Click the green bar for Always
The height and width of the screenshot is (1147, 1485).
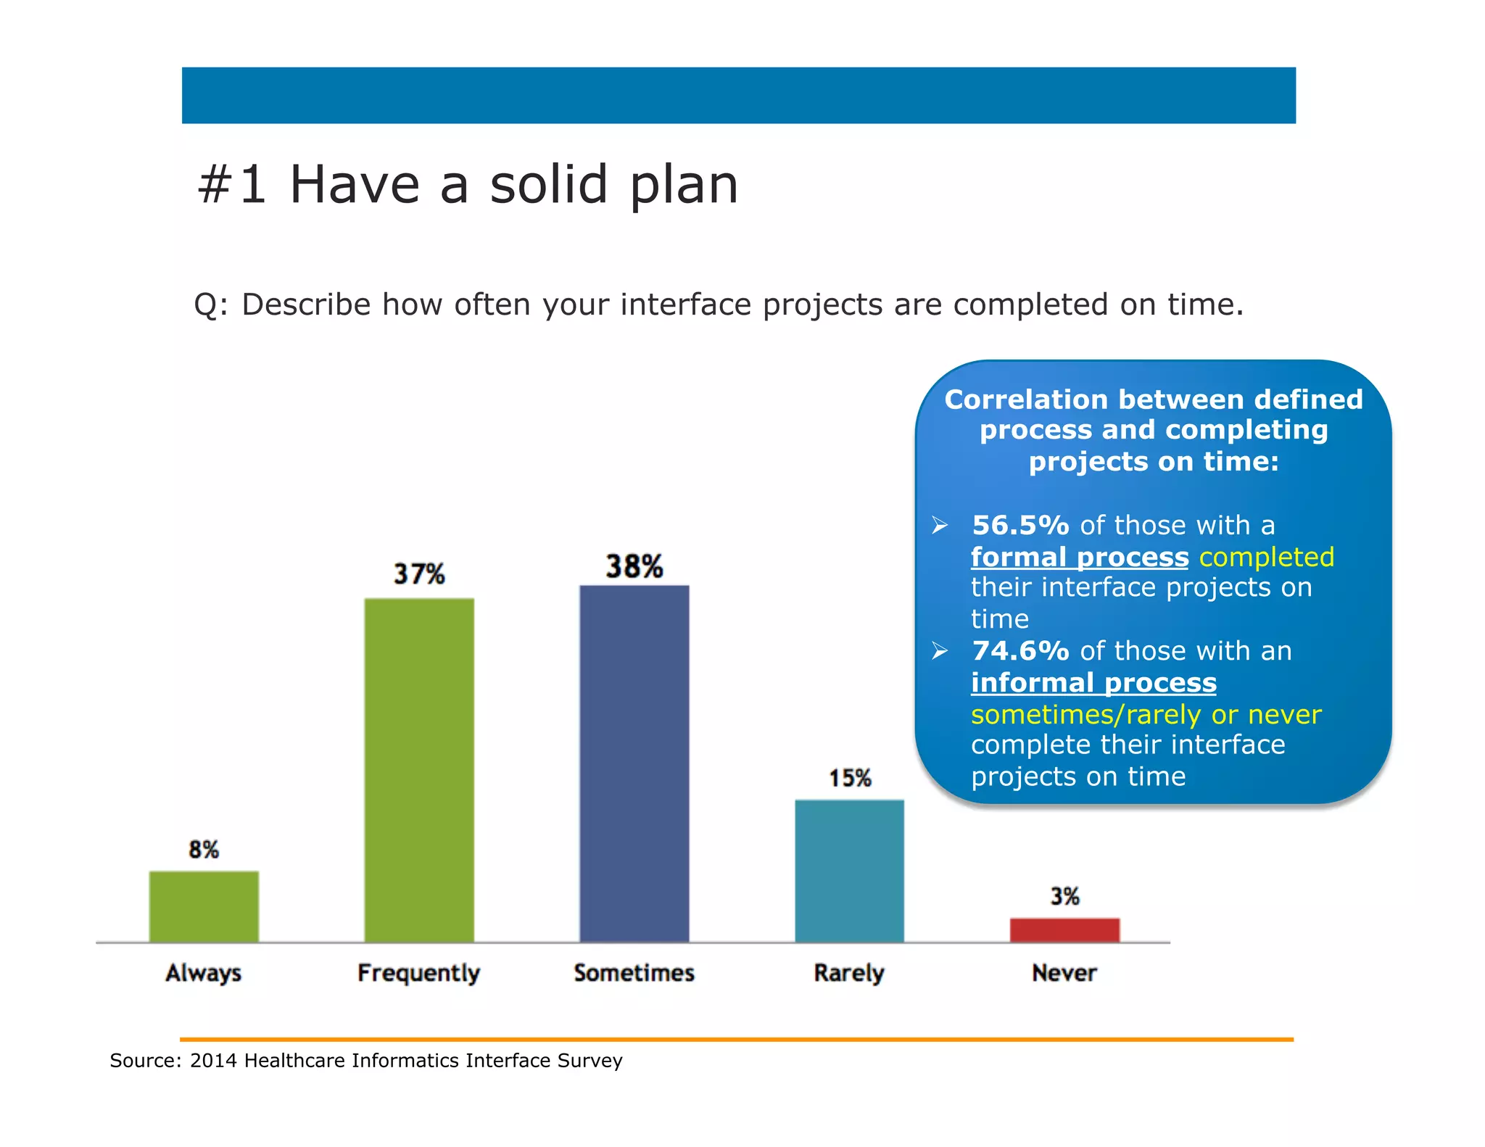coord(204,906)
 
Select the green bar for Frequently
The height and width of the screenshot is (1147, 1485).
coord(419,770)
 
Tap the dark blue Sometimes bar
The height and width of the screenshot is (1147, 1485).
coord(634,763)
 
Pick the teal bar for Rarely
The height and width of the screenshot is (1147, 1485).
coord(849,871)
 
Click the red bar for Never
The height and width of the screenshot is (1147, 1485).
coord(1064,929)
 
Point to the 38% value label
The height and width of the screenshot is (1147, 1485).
coord(634,566)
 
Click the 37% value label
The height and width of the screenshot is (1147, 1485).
coord(419,574)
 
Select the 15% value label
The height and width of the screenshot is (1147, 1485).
coord(850,779)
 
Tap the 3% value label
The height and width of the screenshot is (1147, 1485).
coord(1065,897)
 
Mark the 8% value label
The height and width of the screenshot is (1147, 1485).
coord(204,850)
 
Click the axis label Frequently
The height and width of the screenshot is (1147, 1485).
coord(418,973)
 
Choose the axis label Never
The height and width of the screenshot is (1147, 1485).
coord(1064,973)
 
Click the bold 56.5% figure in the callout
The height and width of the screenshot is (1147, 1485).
coord(1020,526)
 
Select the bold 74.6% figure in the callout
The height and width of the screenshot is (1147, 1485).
coord(1020,651)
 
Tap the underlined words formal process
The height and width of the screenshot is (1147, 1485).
coord(1080,558)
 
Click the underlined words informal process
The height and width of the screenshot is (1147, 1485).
coord(1093,683)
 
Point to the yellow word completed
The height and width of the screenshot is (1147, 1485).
coord(1266,558)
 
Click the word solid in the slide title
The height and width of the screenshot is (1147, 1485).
coord(548,185)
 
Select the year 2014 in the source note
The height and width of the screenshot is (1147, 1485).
coord(213,1061)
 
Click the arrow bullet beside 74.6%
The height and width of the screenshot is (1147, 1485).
coord(940,651)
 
